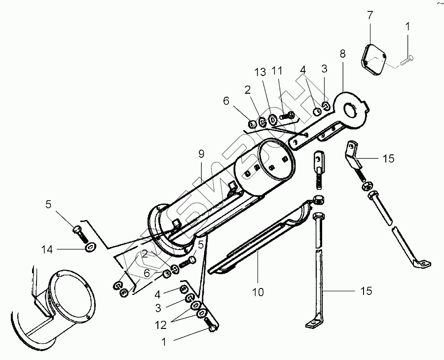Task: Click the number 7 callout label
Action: pyautogui.click(x=370, y=15)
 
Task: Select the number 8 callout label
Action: pyautogui.click(x=342, y=54)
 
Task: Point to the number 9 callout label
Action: pyautogui.click(x=201, y=154)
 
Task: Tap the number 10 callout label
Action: pyautogui.click(x=258, y=292)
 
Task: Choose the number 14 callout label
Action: pyautogui.click(x=47, y=250)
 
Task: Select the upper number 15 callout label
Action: pyautogui.click(x=388, y=159)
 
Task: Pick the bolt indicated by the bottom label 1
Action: pyautogui.click(x=211, y=326)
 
